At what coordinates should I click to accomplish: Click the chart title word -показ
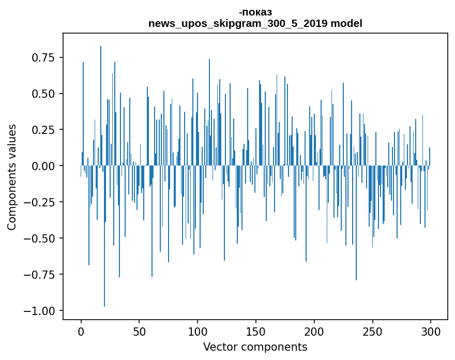(255, 12)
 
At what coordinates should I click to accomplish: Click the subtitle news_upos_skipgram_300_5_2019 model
(255, 23)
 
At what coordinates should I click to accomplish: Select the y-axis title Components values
(12, 177)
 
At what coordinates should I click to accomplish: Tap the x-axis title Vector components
(255, 347)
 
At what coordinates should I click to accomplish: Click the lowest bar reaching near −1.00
(104, 259)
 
